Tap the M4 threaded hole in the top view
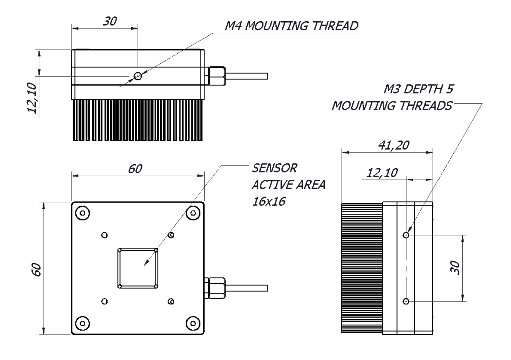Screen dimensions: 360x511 point(138,76)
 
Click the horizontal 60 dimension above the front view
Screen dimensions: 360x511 point(136,169)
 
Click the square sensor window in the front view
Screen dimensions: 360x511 point(138,268)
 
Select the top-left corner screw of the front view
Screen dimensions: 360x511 point(83,213)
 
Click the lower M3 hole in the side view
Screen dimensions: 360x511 point(407,301)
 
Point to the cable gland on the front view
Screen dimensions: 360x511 point(215,288)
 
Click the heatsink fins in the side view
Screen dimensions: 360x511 point(361,268)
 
